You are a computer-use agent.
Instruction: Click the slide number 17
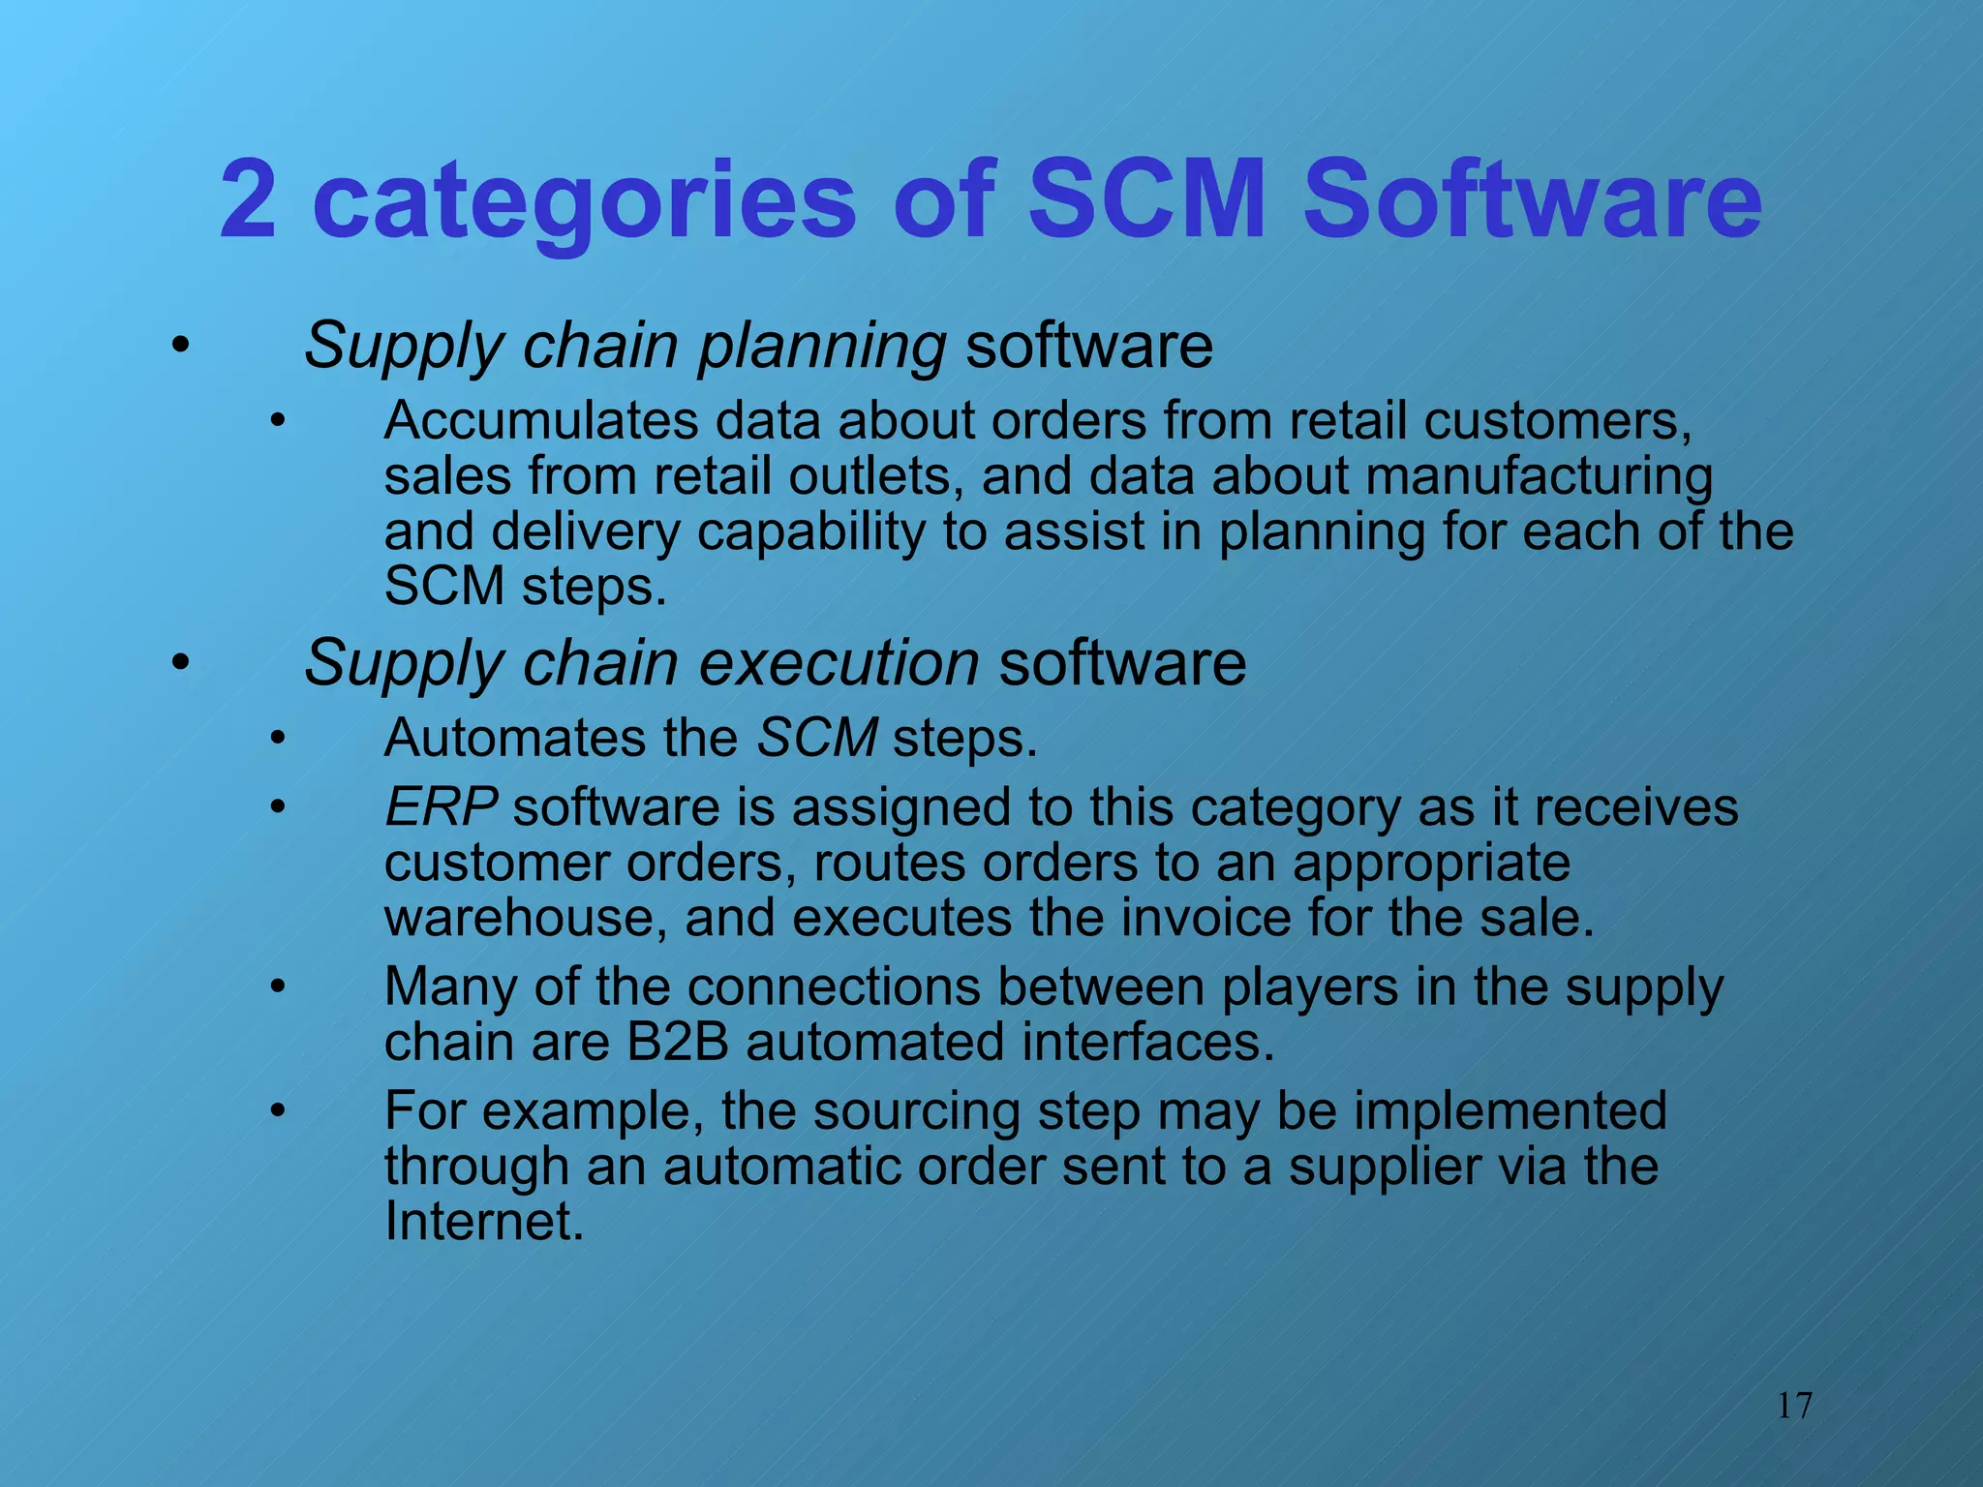pos(1794,1406)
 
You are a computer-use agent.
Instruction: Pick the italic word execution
pos(839,664)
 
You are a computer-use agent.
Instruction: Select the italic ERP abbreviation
pos(442,807)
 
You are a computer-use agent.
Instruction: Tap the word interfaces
pos(1147,1043)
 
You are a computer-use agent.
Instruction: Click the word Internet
pos(484,1222)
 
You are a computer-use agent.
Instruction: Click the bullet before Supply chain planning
pos(180,346)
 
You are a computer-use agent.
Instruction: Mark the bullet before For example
pos(278,1111)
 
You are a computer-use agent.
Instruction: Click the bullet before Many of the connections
pos(278,987)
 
